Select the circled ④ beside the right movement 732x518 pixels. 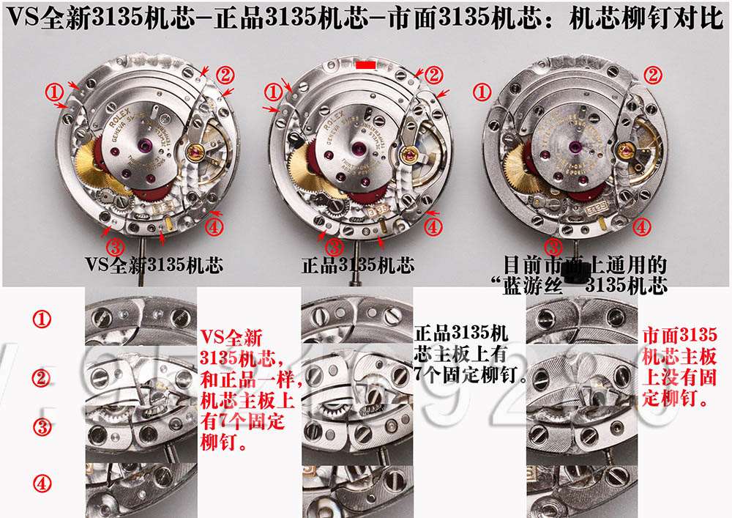[x=641, y=227]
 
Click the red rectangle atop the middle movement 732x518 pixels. [x=365, y=65]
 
